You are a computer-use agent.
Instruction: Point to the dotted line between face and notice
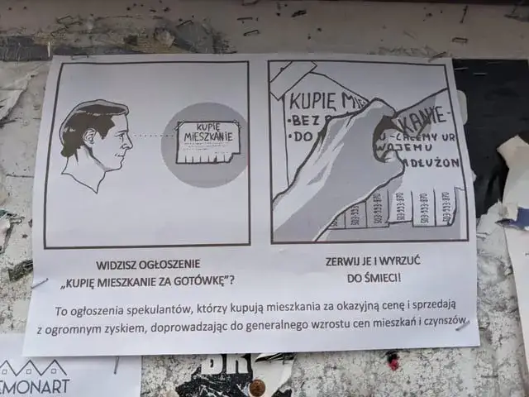(154, 136)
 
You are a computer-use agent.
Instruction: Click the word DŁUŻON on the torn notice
(436, 162)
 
